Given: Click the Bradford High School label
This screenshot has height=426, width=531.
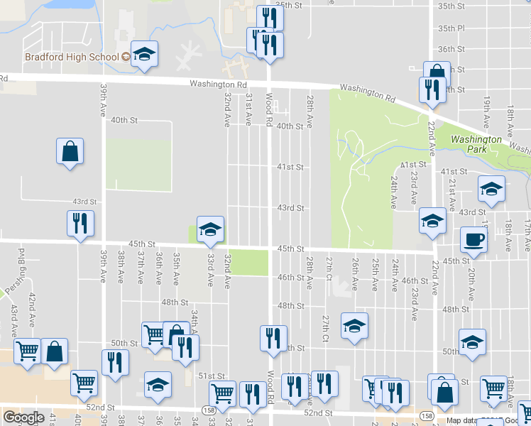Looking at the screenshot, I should tap(72, 57).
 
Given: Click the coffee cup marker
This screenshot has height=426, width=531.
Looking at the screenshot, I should tap(473, 239).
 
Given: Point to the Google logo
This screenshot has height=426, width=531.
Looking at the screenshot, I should tap(23, 417).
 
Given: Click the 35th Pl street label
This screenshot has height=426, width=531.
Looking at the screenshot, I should tap(451, 28).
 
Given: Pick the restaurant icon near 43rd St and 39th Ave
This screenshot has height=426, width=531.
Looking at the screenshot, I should tap(80, 224).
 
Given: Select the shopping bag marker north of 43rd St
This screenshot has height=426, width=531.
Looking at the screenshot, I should tap(70, 151).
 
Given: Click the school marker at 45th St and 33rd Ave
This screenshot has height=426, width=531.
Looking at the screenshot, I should tap(210, 228).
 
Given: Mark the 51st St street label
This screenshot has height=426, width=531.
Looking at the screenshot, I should tap(212, 376).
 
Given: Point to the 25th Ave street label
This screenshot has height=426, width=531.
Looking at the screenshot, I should tap(374, 274).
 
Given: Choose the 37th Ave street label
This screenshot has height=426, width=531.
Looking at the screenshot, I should tap(141, 264).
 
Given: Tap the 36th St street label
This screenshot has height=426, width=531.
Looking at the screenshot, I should tap(451, 49).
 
